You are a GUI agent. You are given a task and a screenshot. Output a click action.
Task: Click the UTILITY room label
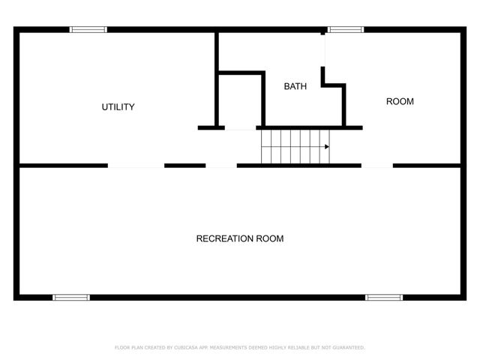pos(118,107)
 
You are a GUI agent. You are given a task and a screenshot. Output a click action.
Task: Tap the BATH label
pos(295,86)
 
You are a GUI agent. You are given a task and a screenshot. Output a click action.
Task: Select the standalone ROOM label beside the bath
pos(400,101)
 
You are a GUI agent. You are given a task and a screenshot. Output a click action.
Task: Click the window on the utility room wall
pos(88,30)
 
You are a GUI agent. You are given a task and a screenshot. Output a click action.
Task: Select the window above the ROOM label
pos(346,30)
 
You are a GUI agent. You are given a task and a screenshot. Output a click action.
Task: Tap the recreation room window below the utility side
pos(71,298)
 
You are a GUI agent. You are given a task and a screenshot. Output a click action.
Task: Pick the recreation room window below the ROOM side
pos(384,298)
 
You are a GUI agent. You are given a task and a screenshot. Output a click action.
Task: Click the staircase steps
pos(292,146)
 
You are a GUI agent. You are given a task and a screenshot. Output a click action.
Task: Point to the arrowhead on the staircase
pos(327,147)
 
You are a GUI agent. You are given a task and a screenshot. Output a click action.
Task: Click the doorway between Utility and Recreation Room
pos(136,165)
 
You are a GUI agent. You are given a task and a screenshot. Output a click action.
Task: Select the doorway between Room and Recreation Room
pos(377,165)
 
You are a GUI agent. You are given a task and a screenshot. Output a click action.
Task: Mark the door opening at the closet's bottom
pos(241,128)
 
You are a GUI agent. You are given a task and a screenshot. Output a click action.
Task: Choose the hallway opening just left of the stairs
pos(221,165)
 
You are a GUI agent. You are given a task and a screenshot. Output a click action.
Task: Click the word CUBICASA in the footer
pos(185,347)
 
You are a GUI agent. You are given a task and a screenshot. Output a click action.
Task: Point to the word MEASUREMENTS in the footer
pos(224,347)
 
